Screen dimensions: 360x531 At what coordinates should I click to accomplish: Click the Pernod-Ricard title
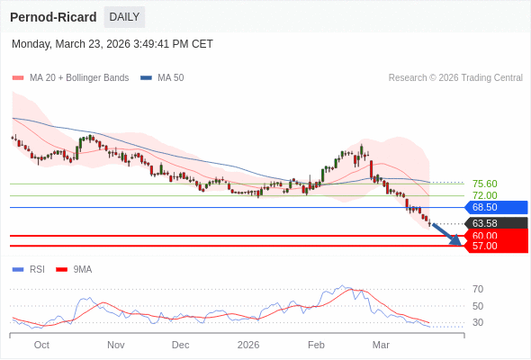pos(53,17)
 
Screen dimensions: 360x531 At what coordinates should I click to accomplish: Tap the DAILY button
pos(124,17)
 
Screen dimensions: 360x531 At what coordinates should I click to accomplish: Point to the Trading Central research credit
pos(455,78)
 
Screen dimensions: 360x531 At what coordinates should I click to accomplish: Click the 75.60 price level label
pos(484,184)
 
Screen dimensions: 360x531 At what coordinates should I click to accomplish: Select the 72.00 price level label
pos(484,195)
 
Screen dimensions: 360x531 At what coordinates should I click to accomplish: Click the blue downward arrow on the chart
pos(446,234)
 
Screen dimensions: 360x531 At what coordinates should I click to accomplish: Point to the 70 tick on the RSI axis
pos(477,289)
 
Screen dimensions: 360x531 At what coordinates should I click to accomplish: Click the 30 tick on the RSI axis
pos(477,322)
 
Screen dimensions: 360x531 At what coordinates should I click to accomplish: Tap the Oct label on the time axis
pos(41,345)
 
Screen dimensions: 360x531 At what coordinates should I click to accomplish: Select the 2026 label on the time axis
pos(247,345)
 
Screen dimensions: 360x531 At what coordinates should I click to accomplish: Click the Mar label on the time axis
pos(381,345)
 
